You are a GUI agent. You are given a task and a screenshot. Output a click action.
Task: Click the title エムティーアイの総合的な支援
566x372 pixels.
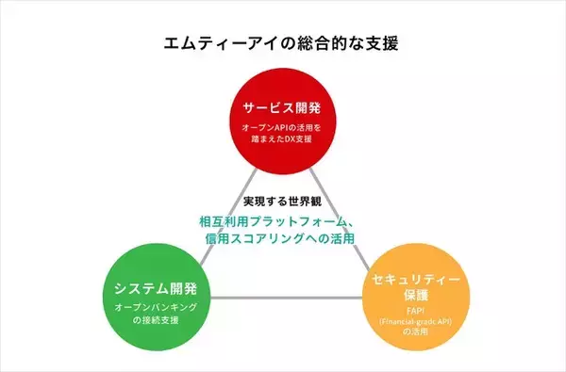pyautogui.click(x=283, y=43)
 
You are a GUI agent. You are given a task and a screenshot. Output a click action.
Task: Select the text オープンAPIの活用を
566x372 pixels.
pyautogui.click(x=282, y=127)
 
